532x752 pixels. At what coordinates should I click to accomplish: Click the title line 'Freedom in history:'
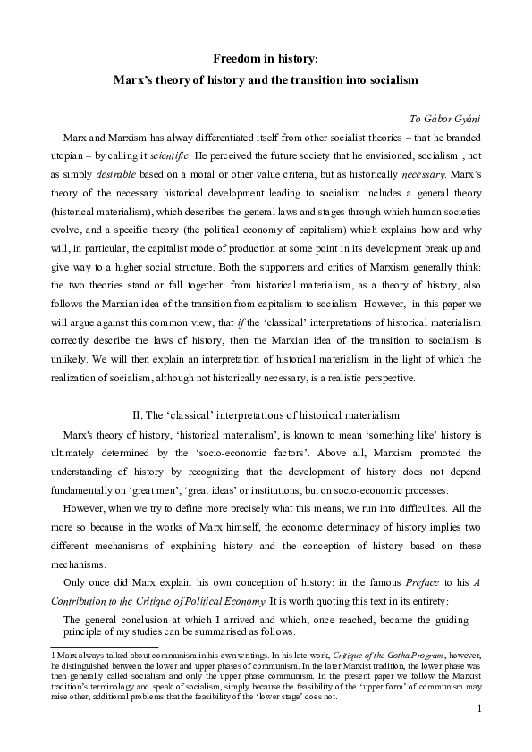point(266,58)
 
